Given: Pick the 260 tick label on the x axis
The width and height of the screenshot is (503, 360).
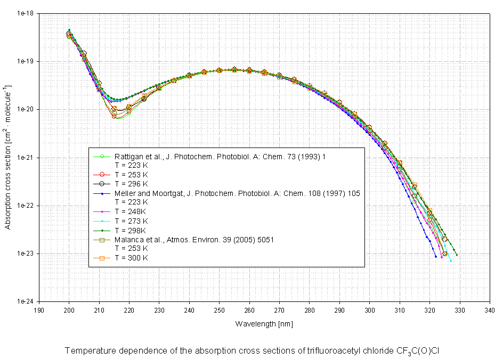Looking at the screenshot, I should pyautogui.click(x=249, y=310).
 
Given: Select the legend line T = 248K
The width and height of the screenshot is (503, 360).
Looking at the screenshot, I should pyautogui.click(x=131, y=211).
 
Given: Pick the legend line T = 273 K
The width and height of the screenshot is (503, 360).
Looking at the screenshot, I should pyautogui.click(x=132, y=220).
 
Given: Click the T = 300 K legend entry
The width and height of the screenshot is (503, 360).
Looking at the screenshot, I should pyautogui.click(x=132, y=258).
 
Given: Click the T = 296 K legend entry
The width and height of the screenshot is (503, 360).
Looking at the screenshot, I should pyautogui.click(x=132, y=184).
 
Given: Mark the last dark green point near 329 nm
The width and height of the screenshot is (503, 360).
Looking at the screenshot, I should pyautogui.click(x=457, y=255).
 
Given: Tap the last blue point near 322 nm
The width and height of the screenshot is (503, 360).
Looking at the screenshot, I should pyautogui.click(x=436, y=256).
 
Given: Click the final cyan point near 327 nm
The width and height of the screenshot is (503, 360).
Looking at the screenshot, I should pyautogui.click(x=451, y=261).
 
